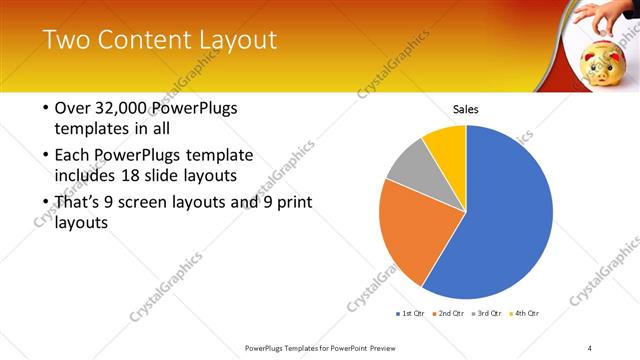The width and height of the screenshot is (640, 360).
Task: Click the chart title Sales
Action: click(466, 108)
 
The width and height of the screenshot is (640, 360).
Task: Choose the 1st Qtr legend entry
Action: click(411, 314)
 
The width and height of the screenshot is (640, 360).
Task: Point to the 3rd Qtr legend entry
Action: click(487, 314)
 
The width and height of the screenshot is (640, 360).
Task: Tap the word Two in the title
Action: click(65, 40)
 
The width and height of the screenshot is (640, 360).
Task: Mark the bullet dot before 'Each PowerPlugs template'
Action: click(46, 156)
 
